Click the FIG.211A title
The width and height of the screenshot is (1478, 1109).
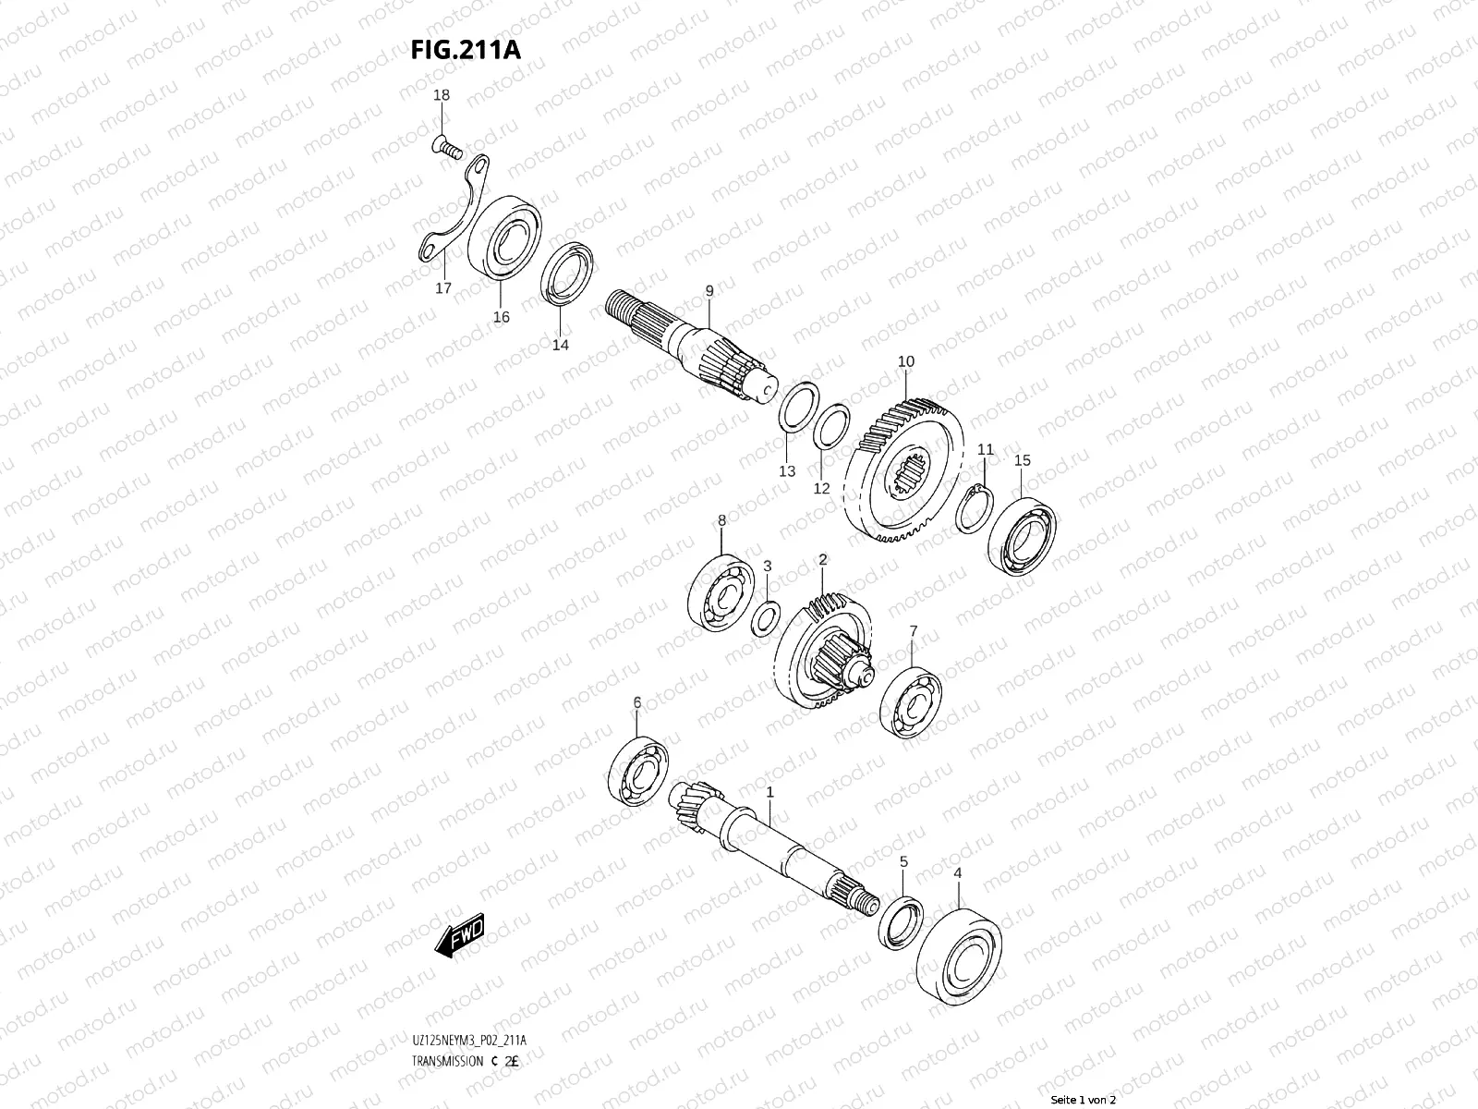coord(466,50)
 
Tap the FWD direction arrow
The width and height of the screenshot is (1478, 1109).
coord(459,935)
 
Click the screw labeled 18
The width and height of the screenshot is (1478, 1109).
coord(447,146)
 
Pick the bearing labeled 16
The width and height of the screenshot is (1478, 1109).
coord(504,237)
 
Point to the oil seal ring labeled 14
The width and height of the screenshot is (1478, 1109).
coord(567,274)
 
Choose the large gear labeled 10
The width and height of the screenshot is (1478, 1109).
coord(903,470)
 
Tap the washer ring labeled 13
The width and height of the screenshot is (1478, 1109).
coord(799,407)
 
